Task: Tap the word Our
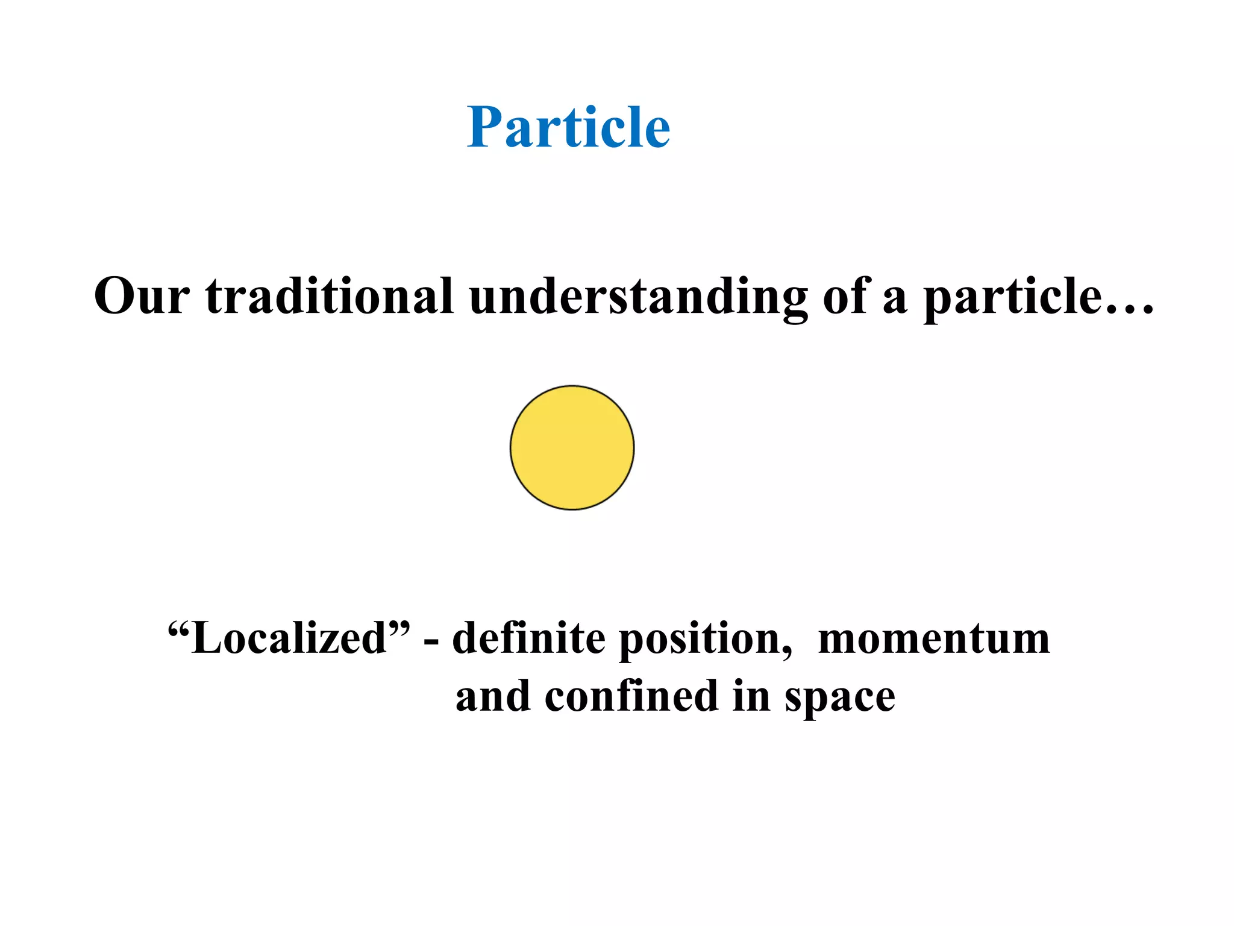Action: click(142, 297)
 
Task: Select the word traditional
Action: click(329, 297)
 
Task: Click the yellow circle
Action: click(572, 448)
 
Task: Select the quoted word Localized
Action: click(289, 638)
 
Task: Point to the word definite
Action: click(528, 638)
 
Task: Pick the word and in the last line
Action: click(493, 696)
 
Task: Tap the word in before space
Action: click(751, 696)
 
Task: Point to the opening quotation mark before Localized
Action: click(178, 627)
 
